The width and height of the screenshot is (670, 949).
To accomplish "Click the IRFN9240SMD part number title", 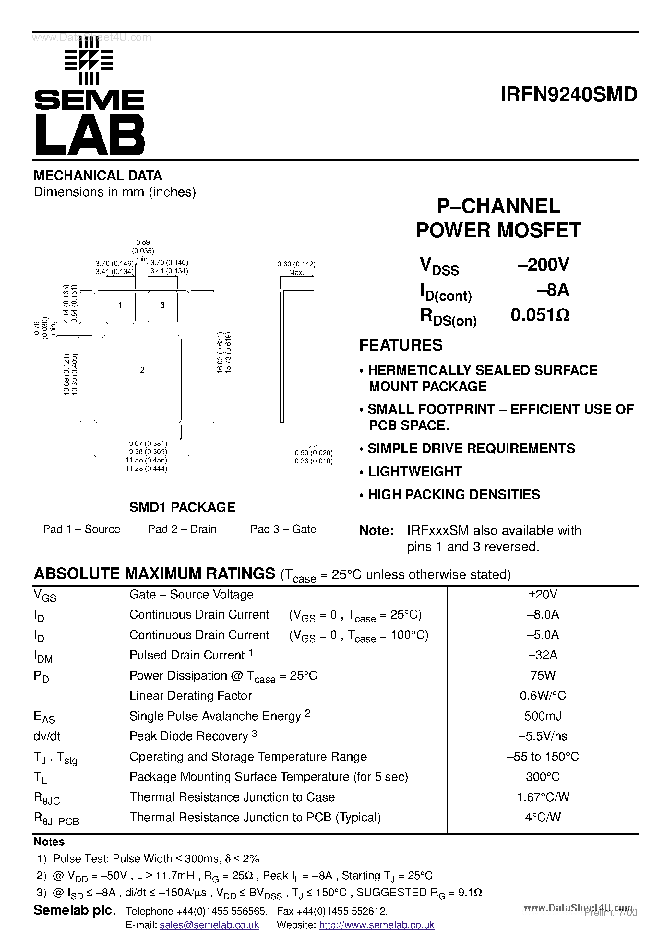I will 568,95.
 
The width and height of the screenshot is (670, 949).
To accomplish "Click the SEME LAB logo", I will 89,98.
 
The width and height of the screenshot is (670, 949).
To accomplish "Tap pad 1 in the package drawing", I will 120,306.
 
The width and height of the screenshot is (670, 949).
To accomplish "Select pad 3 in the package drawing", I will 162,306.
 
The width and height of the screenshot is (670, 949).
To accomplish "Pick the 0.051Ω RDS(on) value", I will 540,315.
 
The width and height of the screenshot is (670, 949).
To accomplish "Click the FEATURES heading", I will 401,345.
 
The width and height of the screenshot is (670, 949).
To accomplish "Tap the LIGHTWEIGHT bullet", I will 414,472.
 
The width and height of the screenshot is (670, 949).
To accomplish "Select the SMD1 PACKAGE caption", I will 182,507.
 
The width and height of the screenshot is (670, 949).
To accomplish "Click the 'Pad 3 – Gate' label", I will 283,529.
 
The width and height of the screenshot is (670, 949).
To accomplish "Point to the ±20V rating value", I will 543,594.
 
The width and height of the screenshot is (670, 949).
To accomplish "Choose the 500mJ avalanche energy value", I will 543,716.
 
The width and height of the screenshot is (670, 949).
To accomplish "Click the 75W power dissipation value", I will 543,675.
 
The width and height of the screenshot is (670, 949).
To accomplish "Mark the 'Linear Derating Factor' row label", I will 190,696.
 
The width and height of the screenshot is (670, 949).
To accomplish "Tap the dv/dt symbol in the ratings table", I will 47,736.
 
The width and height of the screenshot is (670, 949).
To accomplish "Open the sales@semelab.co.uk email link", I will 209,925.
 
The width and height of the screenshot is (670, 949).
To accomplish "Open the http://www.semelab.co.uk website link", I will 376,925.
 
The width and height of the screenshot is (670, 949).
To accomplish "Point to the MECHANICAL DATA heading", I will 98,176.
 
